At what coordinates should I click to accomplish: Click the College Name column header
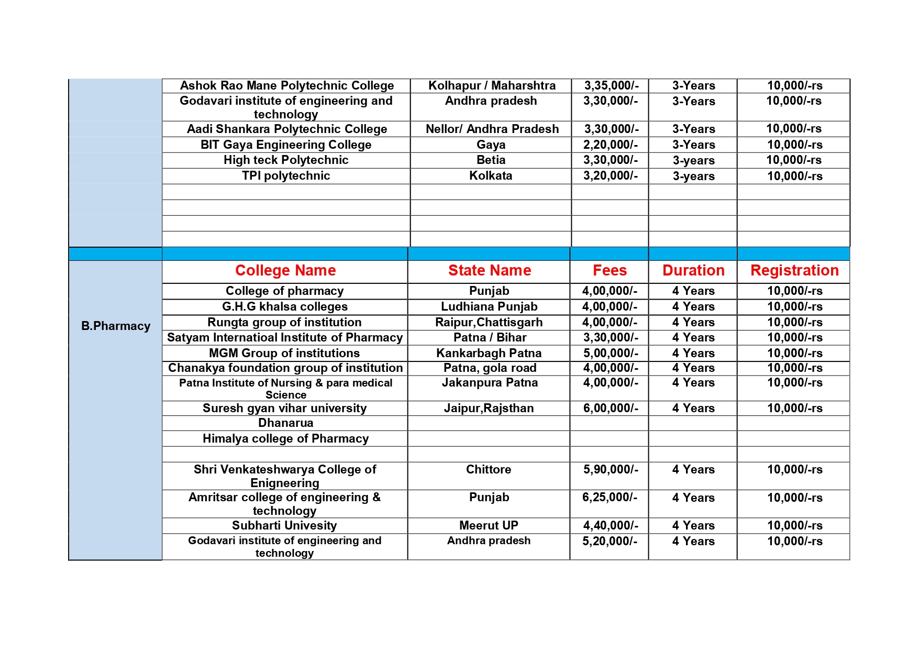[x=285, y=270]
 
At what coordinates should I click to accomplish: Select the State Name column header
[x=490, y=270]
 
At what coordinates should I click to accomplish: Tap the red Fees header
[x=610, y=270]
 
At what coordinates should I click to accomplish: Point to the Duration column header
[x=693, y=270]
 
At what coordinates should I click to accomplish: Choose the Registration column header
[x=794, y=270]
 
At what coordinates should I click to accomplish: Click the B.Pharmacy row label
[x=116, y=326]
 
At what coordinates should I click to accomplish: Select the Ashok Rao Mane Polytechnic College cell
[x=287, y=85]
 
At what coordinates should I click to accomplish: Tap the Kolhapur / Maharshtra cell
[x=492, y=85]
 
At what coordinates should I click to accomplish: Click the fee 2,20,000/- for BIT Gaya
[x=611, y=145]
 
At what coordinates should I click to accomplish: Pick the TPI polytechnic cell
[x=286, y=175]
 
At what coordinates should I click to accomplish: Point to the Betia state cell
[x=491, y=160]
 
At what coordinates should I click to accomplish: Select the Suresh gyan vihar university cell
[x=284, y=408]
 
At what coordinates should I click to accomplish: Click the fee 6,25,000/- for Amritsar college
[x=610, y=497]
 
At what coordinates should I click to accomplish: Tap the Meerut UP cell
[x=489, y=525]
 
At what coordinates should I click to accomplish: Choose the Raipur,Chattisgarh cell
[x=489, y=322]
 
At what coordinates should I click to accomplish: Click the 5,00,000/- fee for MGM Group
[x=611, y=353]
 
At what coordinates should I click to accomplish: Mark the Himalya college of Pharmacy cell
[x=285, y=438]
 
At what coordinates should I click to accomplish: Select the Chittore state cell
[x=489, y=469]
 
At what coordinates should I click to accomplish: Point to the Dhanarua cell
[x=285, y=423]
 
